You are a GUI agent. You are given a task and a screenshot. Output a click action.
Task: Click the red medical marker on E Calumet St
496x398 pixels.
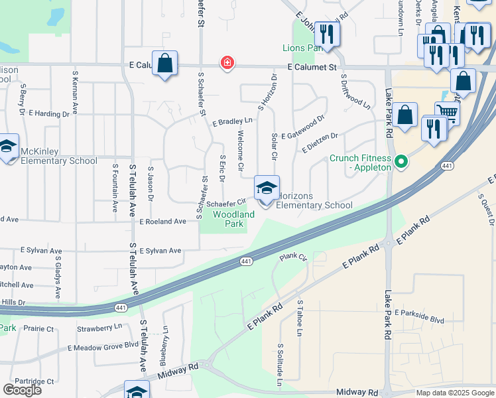[227, 63]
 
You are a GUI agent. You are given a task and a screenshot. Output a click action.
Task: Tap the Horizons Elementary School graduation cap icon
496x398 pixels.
[267, 188]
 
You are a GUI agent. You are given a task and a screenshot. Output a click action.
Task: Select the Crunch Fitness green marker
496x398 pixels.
[401, 161]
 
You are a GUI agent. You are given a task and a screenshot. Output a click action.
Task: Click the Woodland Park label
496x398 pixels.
[233, 219]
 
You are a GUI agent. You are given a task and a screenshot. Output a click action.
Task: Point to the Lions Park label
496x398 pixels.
[302, 48]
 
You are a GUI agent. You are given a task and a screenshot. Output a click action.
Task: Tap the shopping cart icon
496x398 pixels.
[447, 113]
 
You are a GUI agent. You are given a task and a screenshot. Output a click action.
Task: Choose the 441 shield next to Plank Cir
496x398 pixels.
[246, 262]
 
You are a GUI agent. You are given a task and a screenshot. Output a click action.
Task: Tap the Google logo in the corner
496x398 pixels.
[22, 389]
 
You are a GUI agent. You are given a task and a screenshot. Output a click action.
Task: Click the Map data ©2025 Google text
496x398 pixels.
[455, 393]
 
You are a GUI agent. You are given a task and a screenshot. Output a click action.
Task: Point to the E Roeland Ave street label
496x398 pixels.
[162, 222]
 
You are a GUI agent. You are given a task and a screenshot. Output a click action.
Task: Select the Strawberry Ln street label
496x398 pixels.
[99, 327]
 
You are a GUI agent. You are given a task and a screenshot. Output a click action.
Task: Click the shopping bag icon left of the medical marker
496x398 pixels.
[165, 64]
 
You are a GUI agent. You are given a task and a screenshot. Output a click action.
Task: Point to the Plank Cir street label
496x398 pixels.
[293, 256]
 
